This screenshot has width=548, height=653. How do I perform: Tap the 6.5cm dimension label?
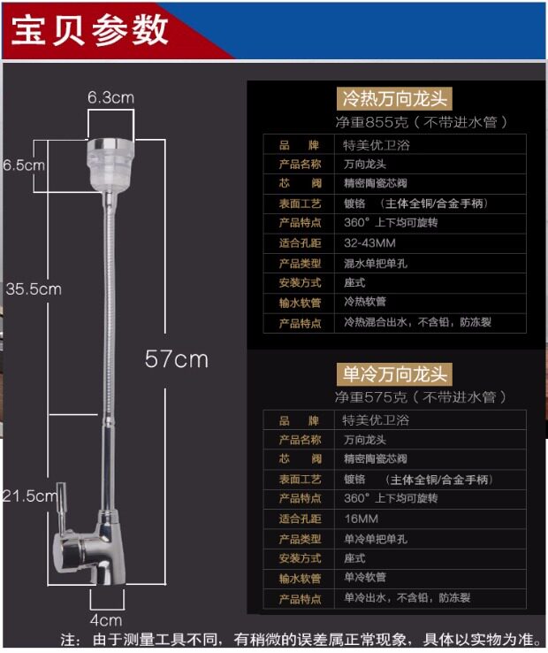pyautogui.click(x=24, y=165)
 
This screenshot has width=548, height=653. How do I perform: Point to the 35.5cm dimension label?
pyautogui.click(x=33, y=288)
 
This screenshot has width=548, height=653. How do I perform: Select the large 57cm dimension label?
pyautogui.click(x=177, y=358)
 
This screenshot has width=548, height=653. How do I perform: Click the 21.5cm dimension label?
pyautogui.click(x=29, y=496)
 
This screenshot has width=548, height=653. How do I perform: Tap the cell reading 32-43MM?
pyautogui.click(x=369, y=242)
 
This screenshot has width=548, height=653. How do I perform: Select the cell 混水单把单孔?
pyautogui.click(x=376, y=263)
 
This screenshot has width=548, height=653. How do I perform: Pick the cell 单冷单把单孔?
pyautogui.click(x=376, y=539)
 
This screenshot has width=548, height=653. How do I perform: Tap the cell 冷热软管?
pyautogui.click(x=365, y=303)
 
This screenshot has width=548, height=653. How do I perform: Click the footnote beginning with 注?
pyautogui.click(x=301, y=639)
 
